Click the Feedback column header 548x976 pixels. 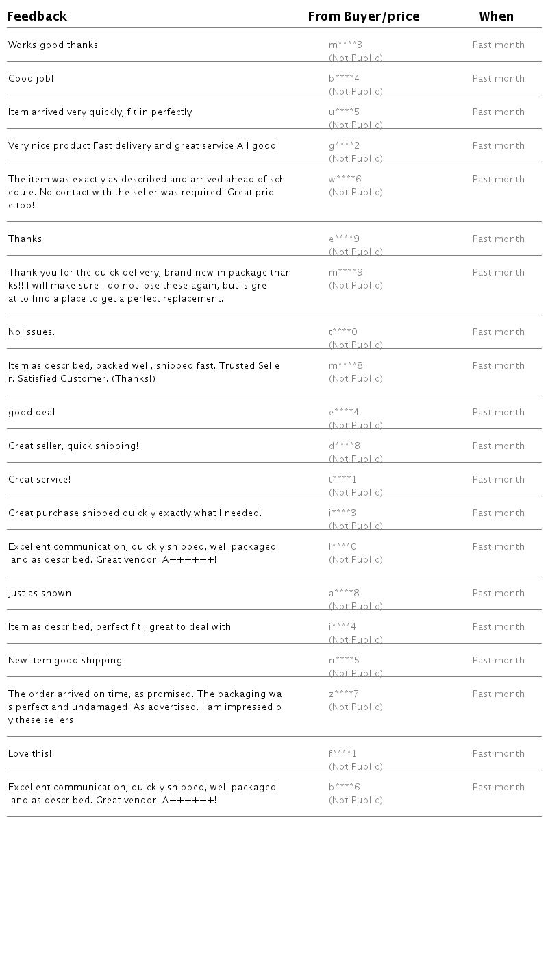point(37,16)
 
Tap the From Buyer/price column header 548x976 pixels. point(364,16)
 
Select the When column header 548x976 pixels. point(497,16)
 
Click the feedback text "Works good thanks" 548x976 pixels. point(53,45)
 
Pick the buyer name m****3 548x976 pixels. point(345,45)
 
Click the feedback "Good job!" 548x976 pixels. point(31,79)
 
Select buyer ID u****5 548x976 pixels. point(344,112)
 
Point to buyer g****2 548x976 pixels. point(344,146)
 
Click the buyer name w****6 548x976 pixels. point(345,180)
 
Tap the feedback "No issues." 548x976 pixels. point(32,332)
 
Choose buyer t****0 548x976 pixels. point(343,332)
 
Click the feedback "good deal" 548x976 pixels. point(32,413)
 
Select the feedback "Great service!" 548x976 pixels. point(40,480)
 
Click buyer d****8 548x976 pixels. point(345,446)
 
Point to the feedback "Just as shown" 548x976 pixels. point(40,594)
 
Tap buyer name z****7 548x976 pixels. point(344,694)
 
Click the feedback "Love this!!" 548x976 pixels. point(32,754)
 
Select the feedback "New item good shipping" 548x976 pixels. point(65,661)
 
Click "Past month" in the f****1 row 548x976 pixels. point(499,754)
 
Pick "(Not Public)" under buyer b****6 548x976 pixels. point(356,801)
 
